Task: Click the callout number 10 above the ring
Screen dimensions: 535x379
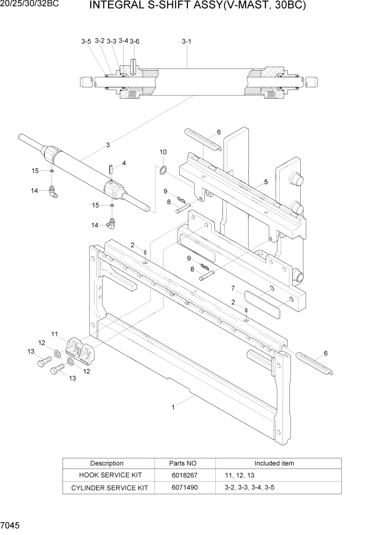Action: pyautogui.click(x=163, y=152)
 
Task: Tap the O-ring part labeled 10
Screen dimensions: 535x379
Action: pyautogui.click(x=163, y=171)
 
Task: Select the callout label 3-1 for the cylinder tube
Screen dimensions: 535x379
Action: pyautogui.click(x=186, y=41)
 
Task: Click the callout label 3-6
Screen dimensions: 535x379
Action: pyautogui.click(x=134, y=42)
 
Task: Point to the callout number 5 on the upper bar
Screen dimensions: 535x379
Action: pyautogui.click(x=266, y=182)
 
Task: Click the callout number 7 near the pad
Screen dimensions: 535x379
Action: pyautogui.click(x=233, y=288)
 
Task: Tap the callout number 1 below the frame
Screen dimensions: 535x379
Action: pyautogui.click(x=173, y=407)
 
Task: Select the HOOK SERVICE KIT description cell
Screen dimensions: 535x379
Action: pyautogui.click(x=107, y=475)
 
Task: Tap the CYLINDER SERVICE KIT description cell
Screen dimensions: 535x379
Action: pyautogui.click(x=107, y=488)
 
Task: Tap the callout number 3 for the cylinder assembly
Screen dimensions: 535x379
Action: pyautogui.click(x=108, y=145)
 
